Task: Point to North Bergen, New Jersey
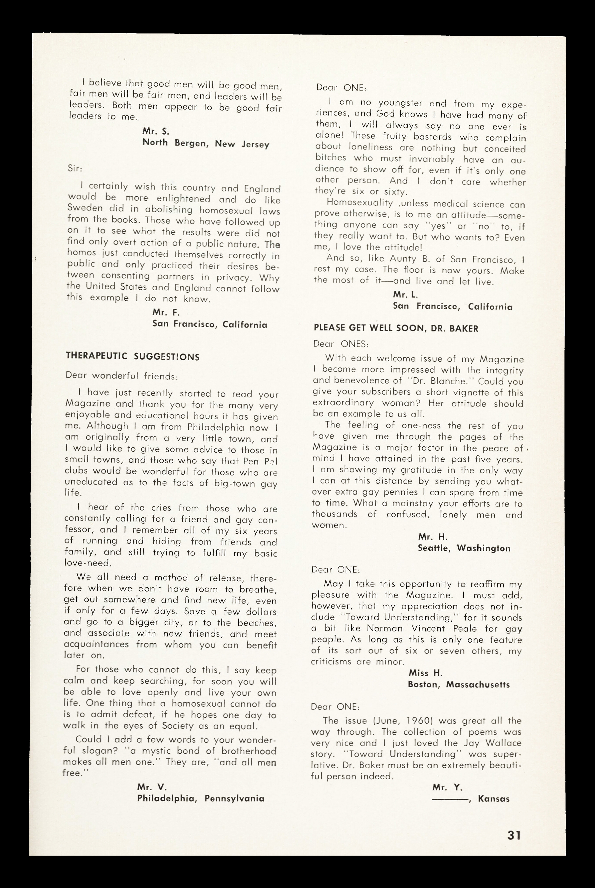click(x=206, y=144)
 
